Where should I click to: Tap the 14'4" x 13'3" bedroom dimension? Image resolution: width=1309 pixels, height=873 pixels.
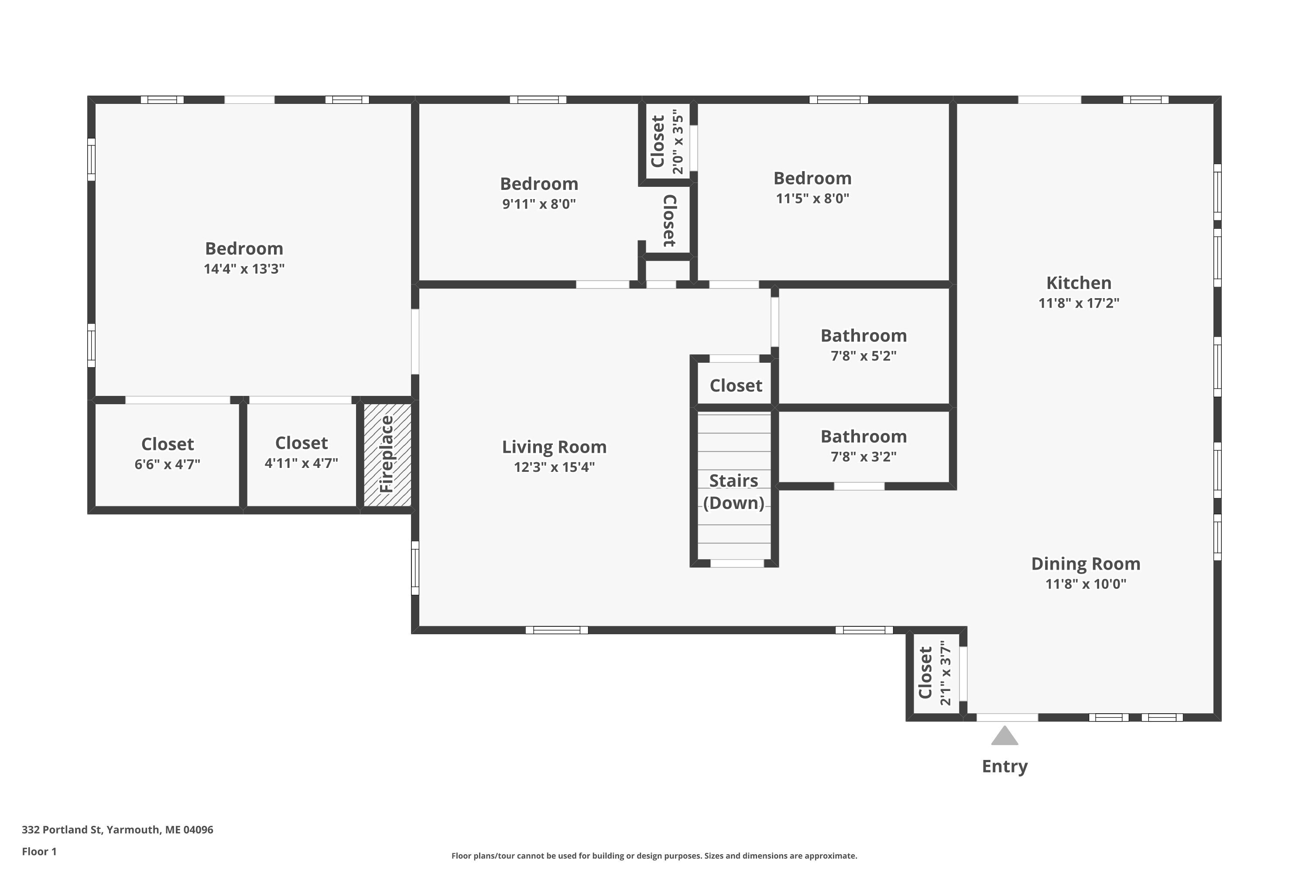[244, 269]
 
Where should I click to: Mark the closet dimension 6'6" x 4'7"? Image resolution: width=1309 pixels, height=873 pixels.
[168, 464]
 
